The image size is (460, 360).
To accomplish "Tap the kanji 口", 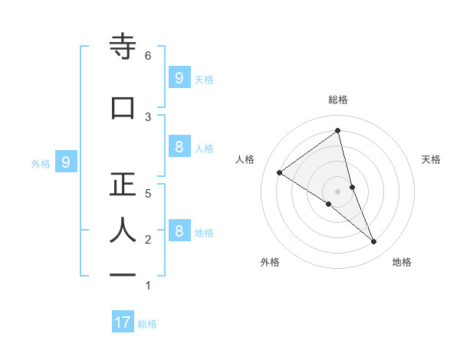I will pos(122,107).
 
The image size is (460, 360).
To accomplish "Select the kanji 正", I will pos(122,185).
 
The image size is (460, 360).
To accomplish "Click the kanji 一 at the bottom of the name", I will pos(122,275).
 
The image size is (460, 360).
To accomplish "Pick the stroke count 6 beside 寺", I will pos(148,56).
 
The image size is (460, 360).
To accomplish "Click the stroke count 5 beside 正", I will pos(148,194).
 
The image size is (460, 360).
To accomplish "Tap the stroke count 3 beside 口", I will pos(148,116).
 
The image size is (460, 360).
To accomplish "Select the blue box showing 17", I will pos(123,322).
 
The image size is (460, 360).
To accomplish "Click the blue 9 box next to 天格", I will pos(179,77).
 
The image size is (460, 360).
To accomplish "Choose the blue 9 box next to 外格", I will pos(67,162).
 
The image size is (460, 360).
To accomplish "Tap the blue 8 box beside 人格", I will pos(179,147).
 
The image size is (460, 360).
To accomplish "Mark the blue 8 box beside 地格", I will pos(179,231).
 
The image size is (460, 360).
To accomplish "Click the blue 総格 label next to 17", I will pos(147,324).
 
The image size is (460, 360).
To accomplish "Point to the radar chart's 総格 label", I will pos(337,100).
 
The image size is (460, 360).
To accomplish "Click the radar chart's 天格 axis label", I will pos(431,159).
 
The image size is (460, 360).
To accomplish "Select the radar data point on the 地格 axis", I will pos(374,242).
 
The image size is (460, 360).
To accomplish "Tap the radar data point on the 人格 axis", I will pos(279,172).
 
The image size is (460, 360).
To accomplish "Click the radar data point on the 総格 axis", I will pos(337,131).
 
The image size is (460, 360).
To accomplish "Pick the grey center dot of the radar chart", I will pos(337,191).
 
